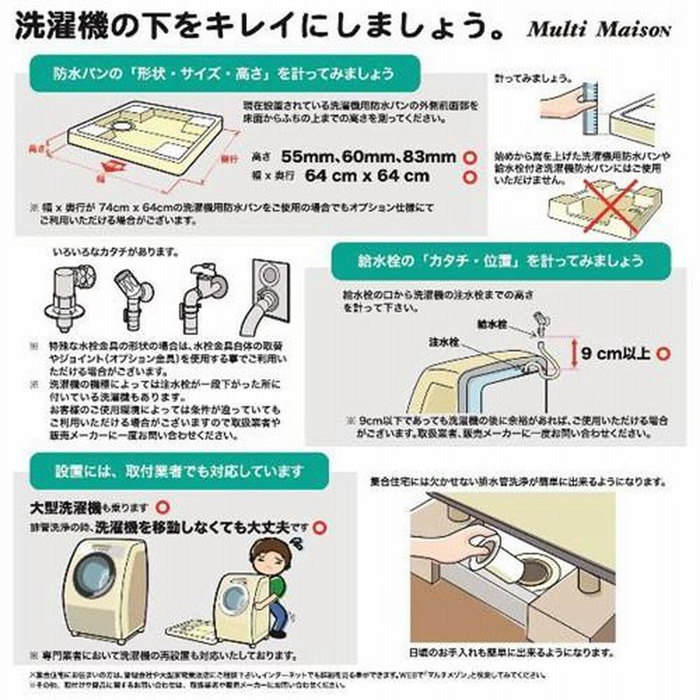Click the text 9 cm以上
(x=618, y=353)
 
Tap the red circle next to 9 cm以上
(x=662, y=353)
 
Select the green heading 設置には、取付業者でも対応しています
(x=178, y=472)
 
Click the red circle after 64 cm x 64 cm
(x=470, y=176)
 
